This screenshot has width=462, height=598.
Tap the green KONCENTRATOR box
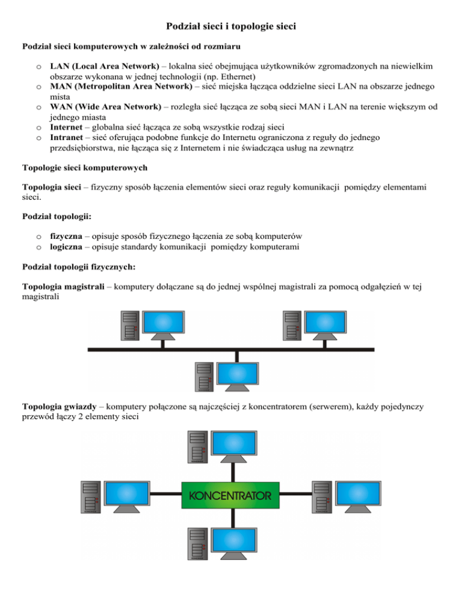tap(230, 496)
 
